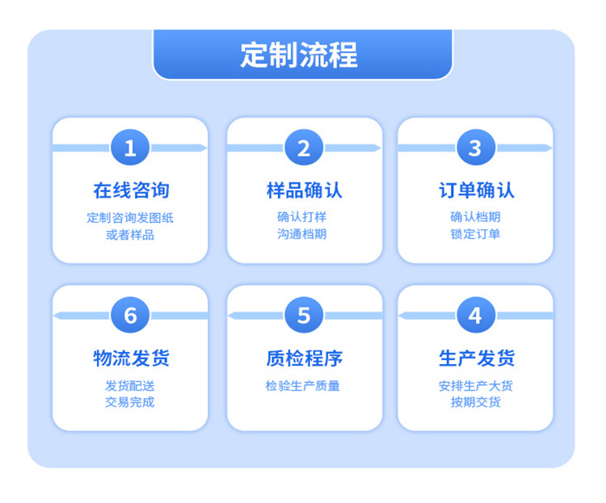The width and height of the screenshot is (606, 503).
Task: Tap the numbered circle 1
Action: tap(130, 148)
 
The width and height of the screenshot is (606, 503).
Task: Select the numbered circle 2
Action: tap(304, 148)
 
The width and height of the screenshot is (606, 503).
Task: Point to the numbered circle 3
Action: tap(475, 148)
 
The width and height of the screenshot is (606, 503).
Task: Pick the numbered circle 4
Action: tap(475, 315)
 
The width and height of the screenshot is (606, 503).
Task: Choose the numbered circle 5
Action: tap(304, 315)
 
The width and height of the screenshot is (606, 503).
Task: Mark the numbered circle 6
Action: tap(130, 315)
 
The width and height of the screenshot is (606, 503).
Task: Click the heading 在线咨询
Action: tap(131, 191)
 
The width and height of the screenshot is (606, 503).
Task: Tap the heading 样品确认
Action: tap(304, 191)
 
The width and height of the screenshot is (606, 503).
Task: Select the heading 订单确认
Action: tap(476, 191)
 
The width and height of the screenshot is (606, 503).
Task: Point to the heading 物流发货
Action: tap(131, 358)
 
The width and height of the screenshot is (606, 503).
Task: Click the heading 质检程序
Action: tap(304, 358)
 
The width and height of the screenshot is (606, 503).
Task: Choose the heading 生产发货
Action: tap(476, 358)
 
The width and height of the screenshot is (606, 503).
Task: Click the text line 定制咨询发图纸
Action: tap(130, 217)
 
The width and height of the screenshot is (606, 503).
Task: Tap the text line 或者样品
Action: tap(130, 235)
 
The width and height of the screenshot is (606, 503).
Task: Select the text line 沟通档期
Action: tap(302, 234)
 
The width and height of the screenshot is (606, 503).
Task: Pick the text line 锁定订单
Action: tap(475, 234)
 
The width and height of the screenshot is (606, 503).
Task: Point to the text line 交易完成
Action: tap(129, 402)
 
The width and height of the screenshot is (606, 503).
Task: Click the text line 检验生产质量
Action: tap(303, 385)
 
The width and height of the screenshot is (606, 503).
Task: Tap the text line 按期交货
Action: tap(475, 402)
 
